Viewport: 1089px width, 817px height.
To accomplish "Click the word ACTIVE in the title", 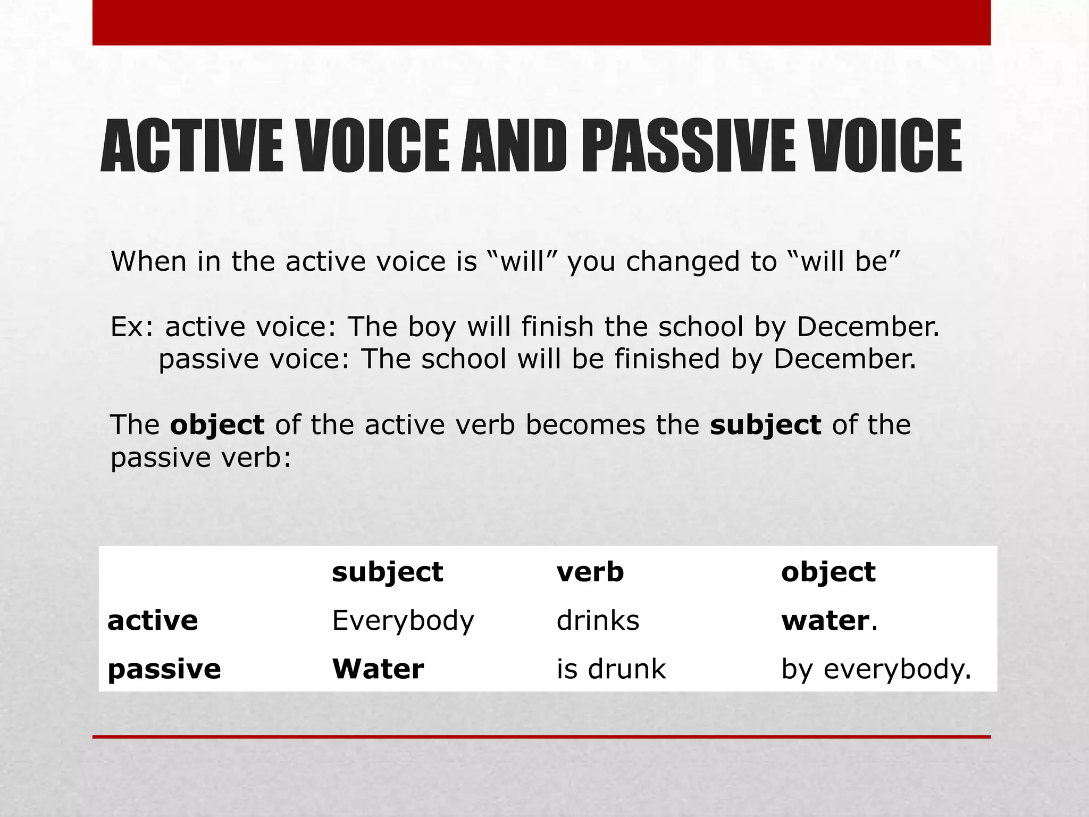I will tap(192, 146).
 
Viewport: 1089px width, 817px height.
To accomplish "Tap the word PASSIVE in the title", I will tap(689, 146).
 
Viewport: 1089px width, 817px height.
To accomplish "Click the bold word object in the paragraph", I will tap(217, 425).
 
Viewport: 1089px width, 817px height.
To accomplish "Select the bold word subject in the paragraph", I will tap(765, 425).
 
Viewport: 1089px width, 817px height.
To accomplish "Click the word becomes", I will tap(585, 425).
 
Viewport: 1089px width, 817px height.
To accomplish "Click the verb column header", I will tap(590, 572).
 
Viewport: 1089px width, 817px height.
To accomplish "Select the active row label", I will tap(153, 620).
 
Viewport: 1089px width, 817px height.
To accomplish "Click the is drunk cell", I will tap(611, 669).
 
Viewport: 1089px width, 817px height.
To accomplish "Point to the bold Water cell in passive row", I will tap(378, 669).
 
